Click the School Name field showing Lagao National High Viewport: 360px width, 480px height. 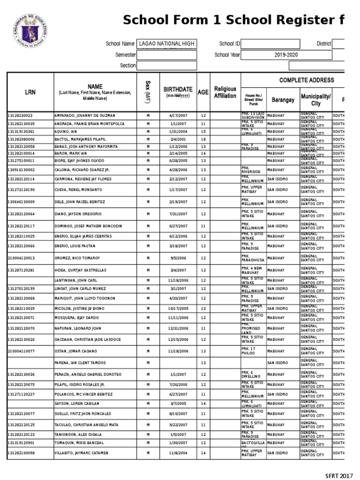(x=166, y=44)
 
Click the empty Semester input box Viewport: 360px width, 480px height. (x=166, y=55)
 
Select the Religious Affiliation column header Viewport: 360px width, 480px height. (x=225, y=92)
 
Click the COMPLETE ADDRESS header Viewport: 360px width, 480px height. (x=307, y=80)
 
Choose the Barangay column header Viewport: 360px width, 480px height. (x=283, y=100)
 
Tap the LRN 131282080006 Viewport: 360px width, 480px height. (x=21, y=139)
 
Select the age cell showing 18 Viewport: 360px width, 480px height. (x=203, y=139)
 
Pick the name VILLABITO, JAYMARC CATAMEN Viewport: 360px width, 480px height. (x=82, y=453)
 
